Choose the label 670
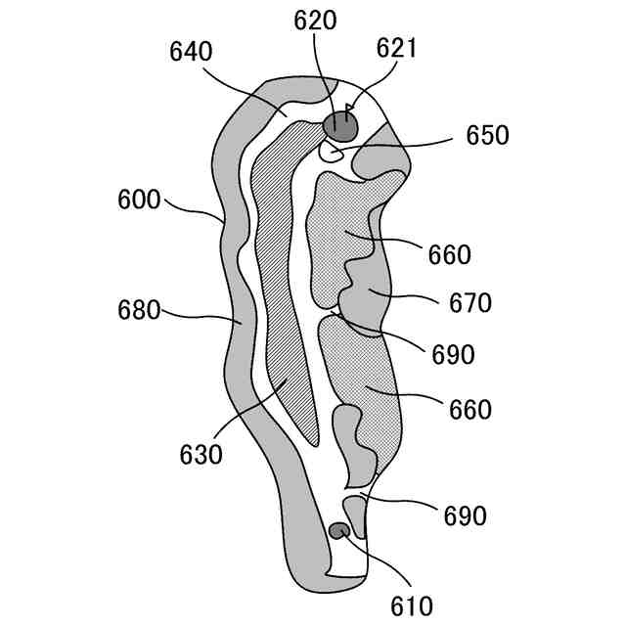[470, 303]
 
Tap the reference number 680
[137, 311]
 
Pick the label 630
[201, 455]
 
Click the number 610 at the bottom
[410, 605]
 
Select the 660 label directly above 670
[449, 255]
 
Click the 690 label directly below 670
[453, 354]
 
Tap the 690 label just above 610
[465, 515]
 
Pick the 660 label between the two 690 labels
[469, 409]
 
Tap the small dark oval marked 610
[338, 531]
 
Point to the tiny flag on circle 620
[350, 110]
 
